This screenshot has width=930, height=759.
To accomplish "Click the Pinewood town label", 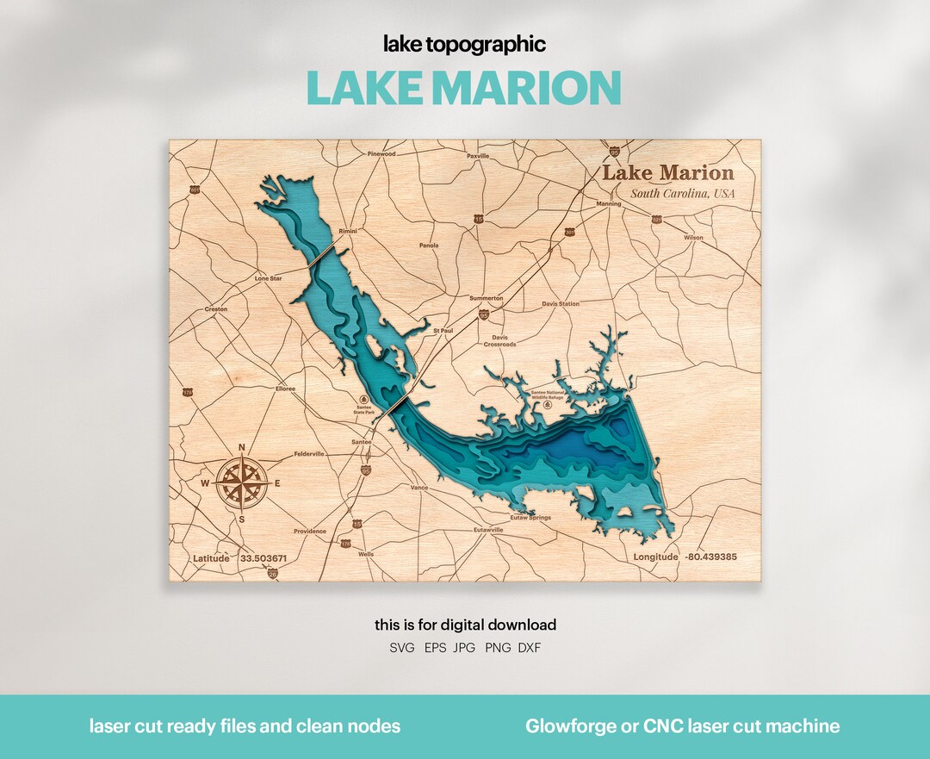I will click(381, 154).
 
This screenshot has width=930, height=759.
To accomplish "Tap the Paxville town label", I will click(478, 156).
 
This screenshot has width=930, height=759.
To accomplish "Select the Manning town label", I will click(609, 204).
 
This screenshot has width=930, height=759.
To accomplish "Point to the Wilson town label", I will click(693, 238).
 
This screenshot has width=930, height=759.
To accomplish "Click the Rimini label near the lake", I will click(347, 232).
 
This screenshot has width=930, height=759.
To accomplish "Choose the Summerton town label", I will click(486, 298).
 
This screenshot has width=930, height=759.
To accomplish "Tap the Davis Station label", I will click(561, 304).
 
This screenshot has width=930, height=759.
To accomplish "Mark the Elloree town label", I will click(285, 389).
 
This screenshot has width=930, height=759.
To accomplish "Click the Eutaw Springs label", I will click(530, 518).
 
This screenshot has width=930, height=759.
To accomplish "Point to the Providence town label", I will click(310, 532).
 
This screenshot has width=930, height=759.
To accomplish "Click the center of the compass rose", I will click(241, 482).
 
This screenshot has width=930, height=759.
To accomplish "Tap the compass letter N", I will click(241, 446).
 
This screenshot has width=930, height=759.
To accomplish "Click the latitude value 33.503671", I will click(263, 558).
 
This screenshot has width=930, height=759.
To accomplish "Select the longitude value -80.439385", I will click(710, 557).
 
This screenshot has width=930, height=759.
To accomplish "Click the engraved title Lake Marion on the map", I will click(667, 173).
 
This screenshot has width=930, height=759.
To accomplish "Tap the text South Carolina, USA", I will click(682, 194).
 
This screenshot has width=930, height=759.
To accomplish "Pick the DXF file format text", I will click(530, 648).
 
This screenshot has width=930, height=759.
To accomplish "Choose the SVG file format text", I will click(402, 648).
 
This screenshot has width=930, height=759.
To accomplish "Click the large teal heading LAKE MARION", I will click(464, 88).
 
